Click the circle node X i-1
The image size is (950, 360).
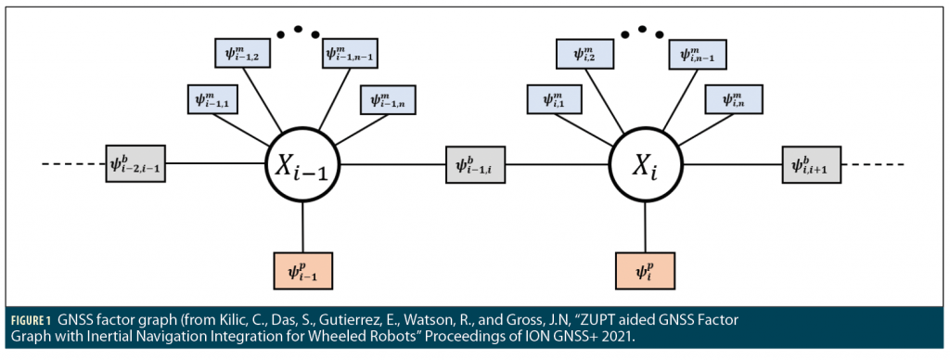303,166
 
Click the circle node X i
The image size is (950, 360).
645,166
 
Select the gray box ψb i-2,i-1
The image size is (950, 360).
135,165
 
